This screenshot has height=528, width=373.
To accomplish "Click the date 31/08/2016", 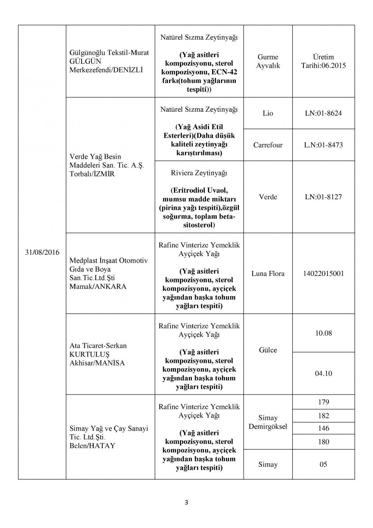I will point(42,252).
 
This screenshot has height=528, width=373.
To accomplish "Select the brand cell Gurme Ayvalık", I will point(268,61).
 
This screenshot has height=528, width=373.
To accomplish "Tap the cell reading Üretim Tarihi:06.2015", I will point(323,61).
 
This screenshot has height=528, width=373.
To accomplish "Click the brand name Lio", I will point(268,113).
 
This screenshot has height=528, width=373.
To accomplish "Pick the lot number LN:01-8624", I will point(323,113).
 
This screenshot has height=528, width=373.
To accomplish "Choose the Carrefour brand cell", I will point(268,145).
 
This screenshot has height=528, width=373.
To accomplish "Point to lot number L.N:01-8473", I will point(323,145).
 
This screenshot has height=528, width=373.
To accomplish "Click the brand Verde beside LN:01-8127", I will point(268,197).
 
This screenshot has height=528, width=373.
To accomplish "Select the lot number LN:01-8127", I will point(323,197).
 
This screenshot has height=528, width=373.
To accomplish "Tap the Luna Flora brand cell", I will point(268,274).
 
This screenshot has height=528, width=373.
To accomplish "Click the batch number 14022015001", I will point(323,274).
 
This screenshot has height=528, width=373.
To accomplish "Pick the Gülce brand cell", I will point(268,350).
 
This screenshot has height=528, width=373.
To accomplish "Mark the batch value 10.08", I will point(323,333).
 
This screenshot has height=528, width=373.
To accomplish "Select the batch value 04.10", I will point(323,374).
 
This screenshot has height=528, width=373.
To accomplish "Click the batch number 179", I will point(323,402).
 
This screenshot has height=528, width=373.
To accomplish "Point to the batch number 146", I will point(323,428).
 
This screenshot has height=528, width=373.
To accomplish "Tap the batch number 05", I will point(323,464).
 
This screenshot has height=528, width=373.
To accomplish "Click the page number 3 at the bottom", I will point(186,502).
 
